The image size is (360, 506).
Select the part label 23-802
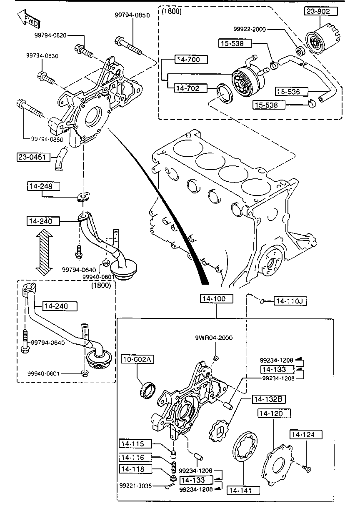pos(321,11)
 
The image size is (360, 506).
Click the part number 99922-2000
pos(250,29)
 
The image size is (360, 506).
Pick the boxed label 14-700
pos(191,60)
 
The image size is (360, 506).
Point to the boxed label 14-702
pos(190,88)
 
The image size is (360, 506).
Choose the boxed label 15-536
pos(292,91)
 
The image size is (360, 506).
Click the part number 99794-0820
pos(50,35)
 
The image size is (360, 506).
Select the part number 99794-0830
pos(42,55)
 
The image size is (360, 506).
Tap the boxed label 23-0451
pos(33,157)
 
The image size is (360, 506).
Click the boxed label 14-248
pos(44,186)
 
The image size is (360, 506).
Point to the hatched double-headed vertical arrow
pos(44,252)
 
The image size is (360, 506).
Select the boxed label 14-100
pos(216,298)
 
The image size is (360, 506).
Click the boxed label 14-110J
pos(290,301)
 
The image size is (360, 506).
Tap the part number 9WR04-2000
pos(214,338)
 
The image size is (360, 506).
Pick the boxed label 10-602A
pos(137,359)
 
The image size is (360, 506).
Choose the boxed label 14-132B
pos(269,399)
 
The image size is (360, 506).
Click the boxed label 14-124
pos(306,434)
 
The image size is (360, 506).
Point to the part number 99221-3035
pos(136,486)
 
